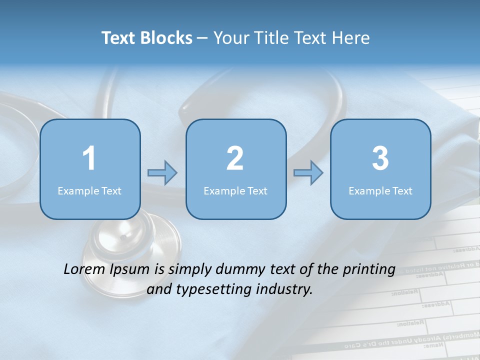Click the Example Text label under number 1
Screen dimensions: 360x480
point(89,190)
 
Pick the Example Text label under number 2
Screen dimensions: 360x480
point(235,190)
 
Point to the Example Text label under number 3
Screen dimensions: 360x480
point(380,190)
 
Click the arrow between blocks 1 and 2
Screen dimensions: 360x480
point(162,173)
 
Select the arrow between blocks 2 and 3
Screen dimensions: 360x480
point(308,173)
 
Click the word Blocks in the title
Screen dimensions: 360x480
point(167,38)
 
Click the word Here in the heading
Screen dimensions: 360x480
point(351,38)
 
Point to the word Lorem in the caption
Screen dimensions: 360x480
point(83,269)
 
